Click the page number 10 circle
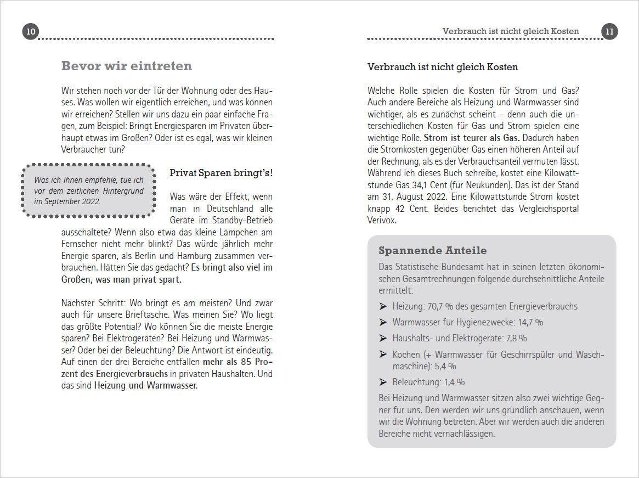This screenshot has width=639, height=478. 31,32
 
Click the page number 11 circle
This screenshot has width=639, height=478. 609,32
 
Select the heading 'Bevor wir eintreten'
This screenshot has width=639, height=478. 126,66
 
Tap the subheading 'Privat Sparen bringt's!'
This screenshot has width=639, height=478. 221,173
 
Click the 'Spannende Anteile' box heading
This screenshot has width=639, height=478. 432,251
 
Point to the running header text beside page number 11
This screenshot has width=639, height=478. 510,31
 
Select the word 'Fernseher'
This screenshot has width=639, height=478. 80,244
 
